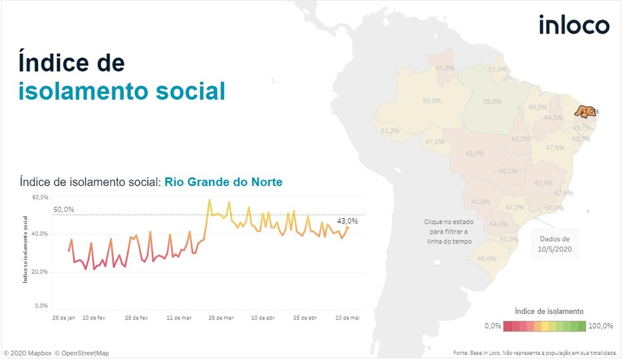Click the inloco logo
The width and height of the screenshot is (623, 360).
coord(574,25)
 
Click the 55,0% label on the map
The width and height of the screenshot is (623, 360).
coord(492,101)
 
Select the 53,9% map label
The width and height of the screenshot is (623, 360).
coord(497,69)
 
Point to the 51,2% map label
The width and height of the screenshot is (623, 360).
coord(390,131)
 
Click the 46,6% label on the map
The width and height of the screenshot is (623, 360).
coord(486,258)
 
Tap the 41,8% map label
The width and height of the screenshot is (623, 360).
coord(445,68)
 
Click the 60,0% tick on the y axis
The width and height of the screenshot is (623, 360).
coord(41,197)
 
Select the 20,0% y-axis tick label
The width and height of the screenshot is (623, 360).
coord(41,271)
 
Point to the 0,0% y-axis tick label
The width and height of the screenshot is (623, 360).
coord(42,306)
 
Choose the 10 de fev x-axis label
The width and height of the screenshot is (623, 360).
coord(94,318)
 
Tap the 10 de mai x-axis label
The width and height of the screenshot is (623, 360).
coord(346,318)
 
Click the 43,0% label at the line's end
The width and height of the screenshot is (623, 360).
coord(347,221)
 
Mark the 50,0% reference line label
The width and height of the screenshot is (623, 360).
coord(64,209)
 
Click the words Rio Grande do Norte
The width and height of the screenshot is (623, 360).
coord(223,182)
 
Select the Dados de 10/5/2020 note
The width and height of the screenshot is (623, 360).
coord(555,244)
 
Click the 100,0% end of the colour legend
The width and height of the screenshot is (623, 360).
coord(601,326)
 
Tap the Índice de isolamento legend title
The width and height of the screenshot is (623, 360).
coord(549,311)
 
